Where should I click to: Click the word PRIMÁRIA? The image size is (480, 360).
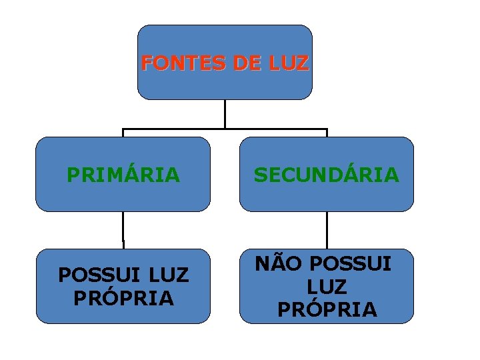point(123,175)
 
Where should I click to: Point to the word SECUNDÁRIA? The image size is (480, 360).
point(327,175)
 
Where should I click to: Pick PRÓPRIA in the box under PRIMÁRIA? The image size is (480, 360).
point(123,297)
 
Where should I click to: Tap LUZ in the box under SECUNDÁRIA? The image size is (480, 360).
point(327,287)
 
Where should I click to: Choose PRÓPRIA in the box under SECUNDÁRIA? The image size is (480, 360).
point(327,310)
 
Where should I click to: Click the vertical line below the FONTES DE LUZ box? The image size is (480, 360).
point(225,113)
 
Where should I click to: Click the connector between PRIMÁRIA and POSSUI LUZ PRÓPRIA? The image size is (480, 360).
point(123,230)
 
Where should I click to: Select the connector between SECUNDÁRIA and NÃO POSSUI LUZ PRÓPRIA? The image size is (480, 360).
point(327,230)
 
